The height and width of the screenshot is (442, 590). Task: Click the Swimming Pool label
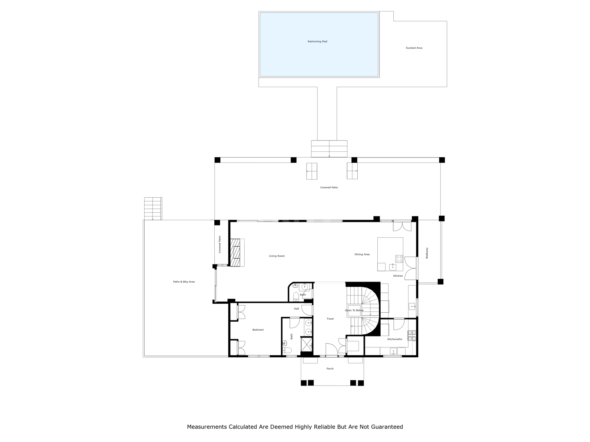pos(317,42)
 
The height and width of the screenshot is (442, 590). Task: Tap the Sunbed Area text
pos(414,48)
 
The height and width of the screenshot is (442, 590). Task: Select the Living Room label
pos(277,256)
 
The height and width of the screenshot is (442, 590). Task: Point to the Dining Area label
pos(362,255)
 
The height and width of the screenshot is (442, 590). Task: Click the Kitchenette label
pos(394,339)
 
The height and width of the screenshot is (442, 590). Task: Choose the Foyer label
pos(330,319)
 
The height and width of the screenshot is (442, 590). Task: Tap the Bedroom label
pos(258,330)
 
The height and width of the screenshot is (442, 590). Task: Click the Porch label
pos(330,369)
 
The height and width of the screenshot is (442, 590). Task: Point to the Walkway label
pos(427,253)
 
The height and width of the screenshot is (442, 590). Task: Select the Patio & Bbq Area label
pos(184,282)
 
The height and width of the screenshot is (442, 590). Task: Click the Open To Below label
pos(354,311)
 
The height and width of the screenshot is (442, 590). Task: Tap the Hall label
pos(296,309)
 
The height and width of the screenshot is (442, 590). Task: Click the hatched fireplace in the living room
pos(235,253)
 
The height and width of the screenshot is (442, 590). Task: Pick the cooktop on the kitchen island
pos(399,259)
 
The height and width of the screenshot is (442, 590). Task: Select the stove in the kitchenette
pos(412,336)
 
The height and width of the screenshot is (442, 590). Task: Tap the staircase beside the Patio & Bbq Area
pos(153,209)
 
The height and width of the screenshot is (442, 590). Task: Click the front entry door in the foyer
pos(331,350)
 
